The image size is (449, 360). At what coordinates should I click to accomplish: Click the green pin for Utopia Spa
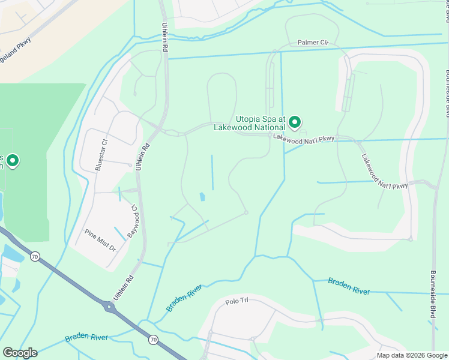[x=295, y=122]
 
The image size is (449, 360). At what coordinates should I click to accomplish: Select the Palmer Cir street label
[x=313, y=43]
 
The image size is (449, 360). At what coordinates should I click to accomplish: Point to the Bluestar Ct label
[x=100, y=155]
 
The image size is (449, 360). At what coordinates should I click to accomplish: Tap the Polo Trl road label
[x=237, y=302]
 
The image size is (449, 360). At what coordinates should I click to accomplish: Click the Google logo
[x=20, y=353]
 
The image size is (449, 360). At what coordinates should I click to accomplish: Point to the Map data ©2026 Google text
[x=411, y=355]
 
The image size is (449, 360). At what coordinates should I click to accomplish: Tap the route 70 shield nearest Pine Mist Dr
[x=35, y=257]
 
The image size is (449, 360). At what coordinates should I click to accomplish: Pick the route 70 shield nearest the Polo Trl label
[x=153, y=340]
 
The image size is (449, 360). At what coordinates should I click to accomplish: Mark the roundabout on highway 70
[x=109, y=307]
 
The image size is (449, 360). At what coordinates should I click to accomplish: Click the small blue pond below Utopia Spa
[x=202, y=196]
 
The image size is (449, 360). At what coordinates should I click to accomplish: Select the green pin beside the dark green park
[x=12, y=160]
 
